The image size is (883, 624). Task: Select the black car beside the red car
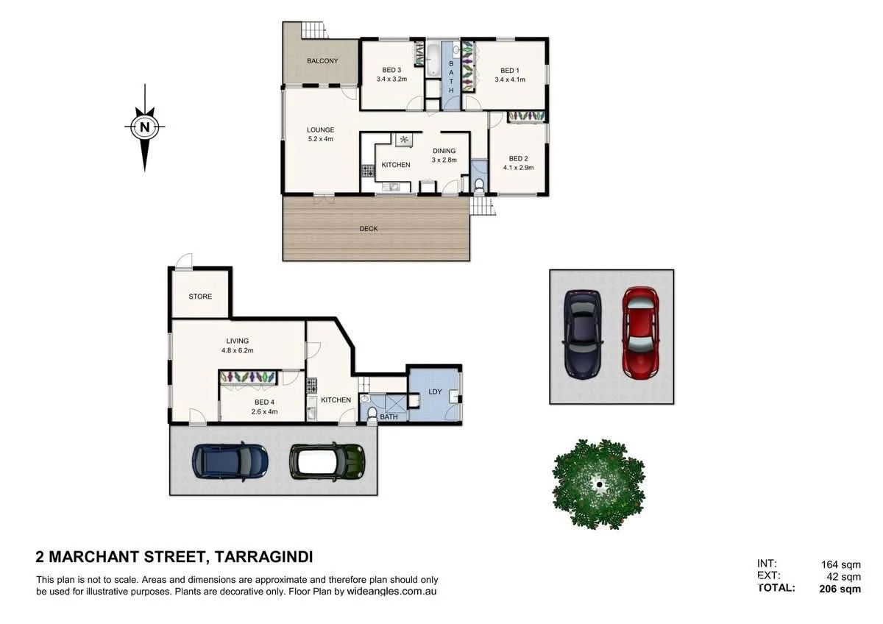(x=583, y=332)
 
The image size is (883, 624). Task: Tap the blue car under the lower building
(x=230, y=460)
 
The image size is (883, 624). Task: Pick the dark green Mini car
(x=327, y=461)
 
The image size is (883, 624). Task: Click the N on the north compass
(x=145, y=127)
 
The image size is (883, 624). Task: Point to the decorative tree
(x=599, y=483)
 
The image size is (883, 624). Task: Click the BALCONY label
(x=322, y=61)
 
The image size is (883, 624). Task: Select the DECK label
(x=369, y=229)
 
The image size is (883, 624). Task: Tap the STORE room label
(x=200, y=297)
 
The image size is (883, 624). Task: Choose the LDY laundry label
(x=435, y=391)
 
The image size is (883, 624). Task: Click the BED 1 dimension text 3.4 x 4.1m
(x=510, y=79)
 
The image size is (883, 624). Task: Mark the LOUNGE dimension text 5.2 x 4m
(x=321, y=139)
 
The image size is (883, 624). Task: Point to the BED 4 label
(x=262, y=402)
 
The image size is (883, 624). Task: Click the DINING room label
(x=444, y=151)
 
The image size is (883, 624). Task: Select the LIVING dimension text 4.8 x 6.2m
(x=237, y=350)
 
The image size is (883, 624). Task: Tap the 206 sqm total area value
(x=840, y=589)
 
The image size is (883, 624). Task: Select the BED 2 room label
(x=518, y=158)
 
